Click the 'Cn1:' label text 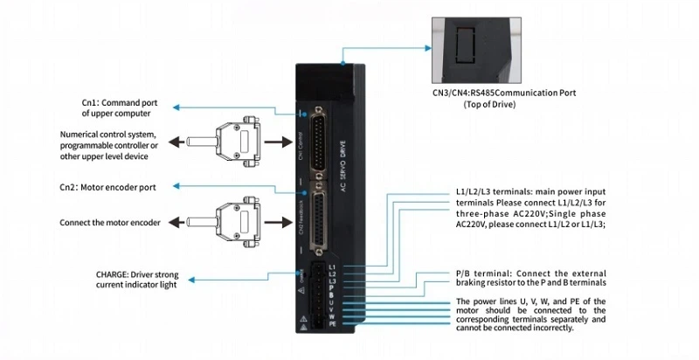(93, 102)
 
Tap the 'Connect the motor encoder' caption (110, 223)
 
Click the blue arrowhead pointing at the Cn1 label (175, 107)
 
